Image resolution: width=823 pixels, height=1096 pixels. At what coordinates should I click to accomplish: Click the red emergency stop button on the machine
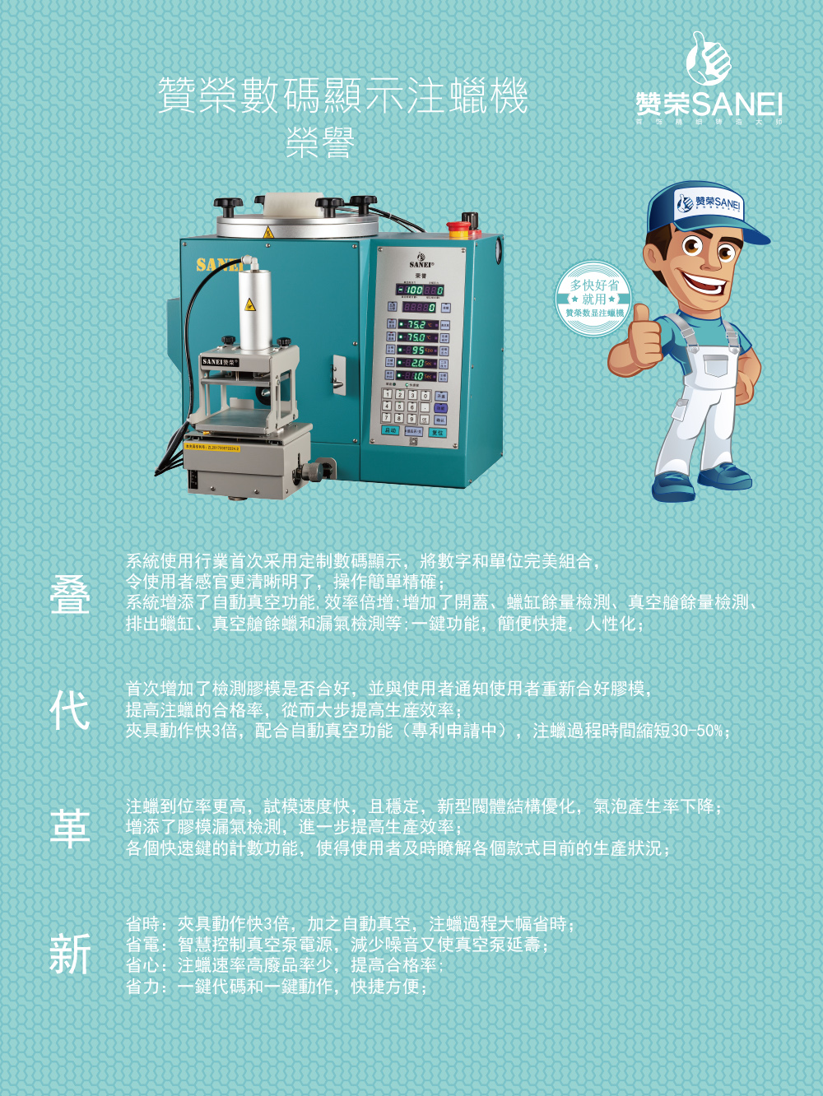click(x=463, y=223)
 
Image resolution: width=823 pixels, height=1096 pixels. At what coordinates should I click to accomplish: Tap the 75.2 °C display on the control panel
click(x=416, y=324)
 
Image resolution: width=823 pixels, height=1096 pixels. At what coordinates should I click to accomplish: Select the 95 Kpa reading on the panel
click(x=416, y=350)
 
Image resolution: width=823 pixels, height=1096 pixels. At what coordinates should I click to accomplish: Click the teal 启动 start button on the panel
click(x=390, y=430)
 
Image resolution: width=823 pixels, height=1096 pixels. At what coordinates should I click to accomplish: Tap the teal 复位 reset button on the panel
click(x=437, y=432)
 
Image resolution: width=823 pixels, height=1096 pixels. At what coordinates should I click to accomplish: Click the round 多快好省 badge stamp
click(x=594, y=298)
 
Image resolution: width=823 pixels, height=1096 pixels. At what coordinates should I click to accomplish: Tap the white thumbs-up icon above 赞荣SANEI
click(x=709, y=58)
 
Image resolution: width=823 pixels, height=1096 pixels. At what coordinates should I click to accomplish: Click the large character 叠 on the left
click(x=70, y=595)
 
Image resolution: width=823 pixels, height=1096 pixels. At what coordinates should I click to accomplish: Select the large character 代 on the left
click(x=70, y=711)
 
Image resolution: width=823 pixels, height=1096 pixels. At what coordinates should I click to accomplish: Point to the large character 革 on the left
click(x=70, y=828)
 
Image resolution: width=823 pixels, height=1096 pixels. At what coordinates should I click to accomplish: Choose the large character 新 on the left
click(x=70, y=954)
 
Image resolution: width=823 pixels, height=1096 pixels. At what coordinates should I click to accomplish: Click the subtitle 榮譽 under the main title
click(x=320, y=144)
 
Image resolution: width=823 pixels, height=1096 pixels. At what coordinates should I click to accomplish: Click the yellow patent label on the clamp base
click(x=212, y=448)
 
